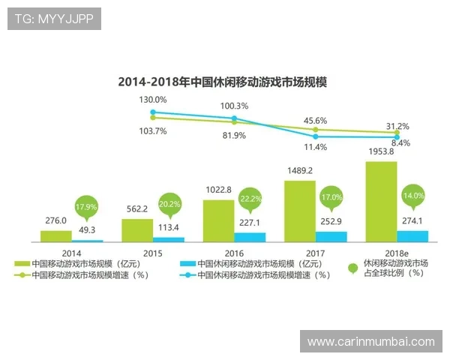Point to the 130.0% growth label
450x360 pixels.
click(152, 100)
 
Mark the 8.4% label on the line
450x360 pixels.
click(400, 143)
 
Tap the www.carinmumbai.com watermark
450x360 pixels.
click(370, 341)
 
